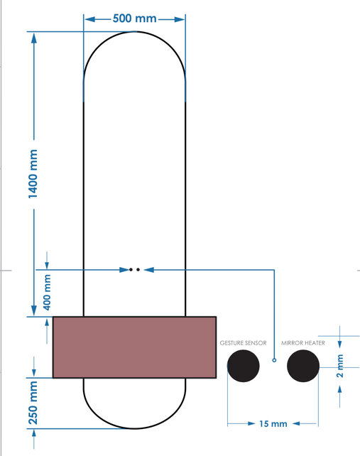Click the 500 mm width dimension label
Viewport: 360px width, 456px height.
(x=135, y=18)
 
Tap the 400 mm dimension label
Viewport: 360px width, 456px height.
(x=47, y=291)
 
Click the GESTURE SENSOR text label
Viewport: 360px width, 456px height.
(x=243, y=343)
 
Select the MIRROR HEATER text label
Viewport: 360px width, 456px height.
(x=303, y=343)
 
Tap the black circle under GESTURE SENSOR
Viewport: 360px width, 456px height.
(x=243, y=365)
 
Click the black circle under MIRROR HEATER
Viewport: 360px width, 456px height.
(x=303, y=365)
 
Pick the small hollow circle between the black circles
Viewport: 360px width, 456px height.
(x=274, y=361)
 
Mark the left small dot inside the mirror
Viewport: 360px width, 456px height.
(x=131, y=270)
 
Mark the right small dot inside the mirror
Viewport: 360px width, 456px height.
(x=138, y=270)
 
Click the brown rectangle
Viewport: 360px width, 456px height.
(x=134, y=347)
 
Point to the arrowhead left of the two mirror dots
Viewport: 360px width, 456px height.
(x=121, y=270)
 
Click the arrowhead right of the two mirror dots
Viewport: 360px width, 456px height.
(x=148, y=270)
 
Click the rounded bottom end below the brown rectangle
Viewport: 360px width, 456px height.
(x=134, y=412)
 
